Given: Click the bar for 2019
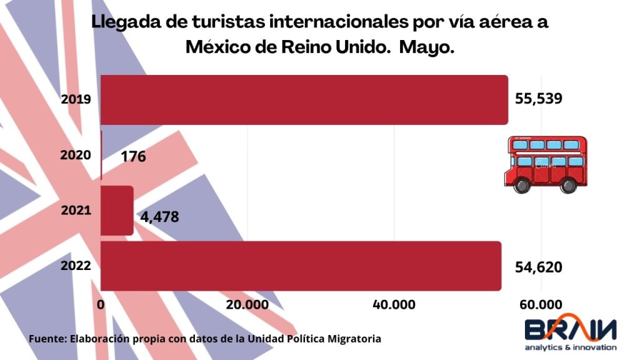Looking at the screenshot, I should point(304,99).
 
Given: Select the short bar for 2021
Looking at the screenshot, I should point(117,211).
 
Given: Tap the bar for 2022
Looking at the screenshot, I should point(301,266).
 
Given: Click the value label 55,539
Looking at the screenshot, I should point(539,99).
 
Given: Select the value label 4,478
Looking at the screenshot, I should point(160,217).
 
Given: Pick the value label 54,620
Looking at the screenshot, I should point(538,267).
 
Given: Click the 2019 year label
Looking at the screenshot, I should point(77,99).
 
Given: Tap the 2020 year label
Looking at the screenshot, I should point(76,155).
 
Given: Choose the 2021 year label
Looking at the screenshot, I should point(76,211).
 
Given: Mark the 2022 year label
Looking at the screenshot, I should point(76,266).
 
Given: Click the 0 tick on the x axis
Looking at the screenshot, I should point(101,304).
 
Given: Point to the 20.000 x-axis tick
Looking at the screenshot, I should point(247,304).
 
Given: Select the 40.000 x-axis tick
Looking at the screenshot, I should point(394,304).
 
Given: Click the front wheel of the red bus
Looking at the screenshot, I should point(568,185).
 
